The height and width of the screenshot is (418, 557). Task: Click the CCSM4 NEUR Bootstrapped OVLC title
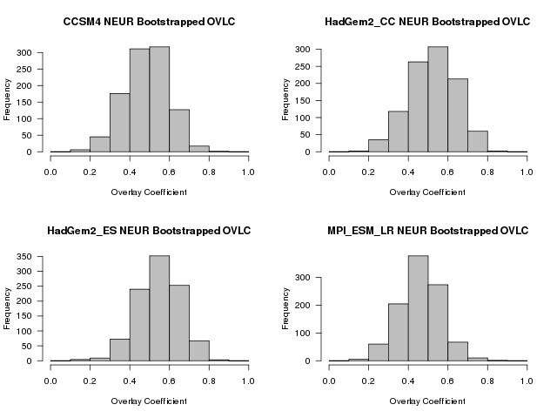[149, 21]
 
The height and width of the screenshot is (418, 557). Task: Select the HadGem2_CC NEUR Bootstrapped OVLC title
[428, 21]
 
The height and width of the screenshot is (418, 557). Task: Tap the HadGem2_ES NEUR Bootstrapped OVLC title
[149, 230]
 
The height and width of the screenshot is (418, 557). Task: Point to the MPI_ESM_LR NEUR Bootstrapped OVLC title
[428, 230]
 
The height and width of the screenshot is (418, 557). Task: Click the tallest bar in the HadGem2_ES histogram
[159, 308]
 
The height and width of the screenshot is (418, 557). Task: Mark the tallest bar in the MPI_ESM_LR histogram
[419, 308]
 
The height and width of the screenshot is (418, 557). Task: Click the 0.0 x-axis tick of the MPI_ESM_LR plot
[330, 381]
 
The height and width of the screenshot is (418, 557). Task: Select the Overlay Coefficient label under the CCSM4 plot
[149, 192]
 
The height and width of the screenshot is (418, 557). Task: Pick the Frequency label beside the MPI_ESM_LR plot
[286, 309]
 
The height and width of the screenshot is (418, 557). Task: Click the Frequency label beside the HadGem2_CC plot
[286, 100]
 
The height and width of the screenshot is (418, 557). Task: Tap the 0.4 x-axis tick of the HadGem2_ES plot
[130, 381]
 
